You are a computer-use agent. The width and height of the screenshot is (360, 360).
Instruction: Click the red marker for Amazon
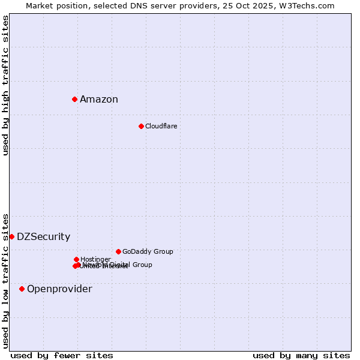[x=74, y=99]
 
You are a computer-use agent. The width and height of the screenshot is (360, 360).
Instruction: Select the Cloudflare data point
[x=141, y=126]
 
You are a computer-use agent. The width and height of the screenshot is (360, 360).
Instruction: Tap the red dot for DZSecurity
[x=11, y=236]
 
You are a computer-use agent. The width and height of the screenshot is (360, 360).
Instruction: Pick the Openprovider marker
[x=22, y=289]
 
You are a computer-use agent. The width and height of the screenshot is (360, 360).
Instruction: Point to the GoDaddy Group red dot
[x=118, y=251]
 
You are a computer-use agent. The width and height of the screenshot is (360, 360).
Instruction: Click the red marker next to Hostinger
[x=76, y=259]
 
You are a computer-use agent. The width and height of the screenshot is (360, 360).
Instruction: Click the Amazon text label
[x=99, y=100]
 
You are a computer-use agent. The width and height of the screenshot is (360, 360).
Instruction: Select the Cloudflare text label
[x=161, y=126]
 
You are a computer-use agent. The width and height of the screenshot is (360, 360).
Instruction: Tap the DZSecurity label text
[x=43, y=237]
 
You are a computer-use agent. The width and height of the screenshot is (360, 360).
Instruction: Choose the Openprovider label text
[x=59, y=289]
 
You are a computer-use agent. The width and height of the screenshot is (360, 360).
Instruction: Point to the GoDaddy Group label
[x=148, y=251]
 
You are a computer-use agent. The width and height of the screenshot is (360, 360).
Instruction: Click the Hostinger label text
[x=95, y=259]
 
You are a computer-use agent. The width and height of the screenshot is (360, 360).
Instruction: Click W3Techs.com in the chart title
[x=310, y=5]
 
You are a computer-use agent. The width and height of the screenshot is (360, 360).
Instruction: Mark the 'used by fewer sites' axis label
[x=62, y=355]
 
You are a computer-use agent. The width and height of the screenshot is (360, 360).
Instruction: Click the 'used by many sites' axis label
[x=301, y=355]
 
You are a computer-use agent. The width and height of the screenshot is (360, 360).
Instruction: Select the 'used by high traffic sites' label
[x=5, y=85]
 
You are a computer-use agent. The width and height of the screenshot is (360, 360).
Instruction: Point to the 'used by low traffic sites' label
[x=5, y=280]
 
